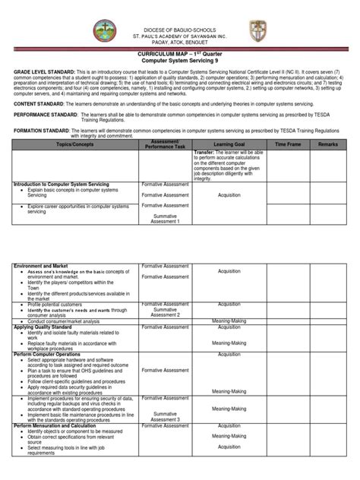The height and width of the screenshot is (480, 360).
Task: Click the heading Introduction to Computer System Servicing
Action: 62,185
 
